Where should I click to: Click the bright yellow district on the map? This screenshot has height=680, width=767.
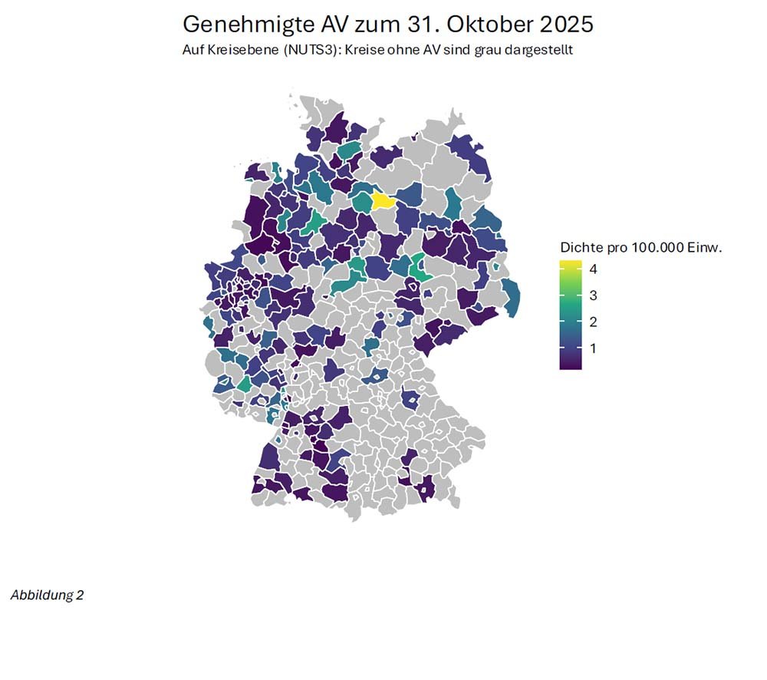[x=383, y=201]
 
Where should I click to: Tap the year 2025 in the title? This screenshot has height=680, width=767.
[x=566, y=24]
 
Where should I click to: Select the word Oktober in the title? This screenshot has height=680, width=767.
[x=489, y=24]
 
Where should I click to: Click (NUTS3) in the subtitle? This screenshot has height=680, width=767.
[x=306, y=51]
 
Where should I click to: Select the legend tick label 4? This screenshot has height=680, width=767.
[x=593, y=269]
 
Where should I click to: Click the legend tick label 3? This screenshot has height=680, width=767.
[x=593, y=295]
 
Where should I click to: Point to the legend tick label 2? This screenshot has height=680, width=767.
[x=593, y=322]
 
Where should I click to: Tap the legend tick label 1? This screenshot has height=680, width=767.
[x=593, y=348]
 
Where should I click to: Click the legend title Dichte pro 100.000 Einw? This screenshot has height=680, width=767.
[x=642, y=247]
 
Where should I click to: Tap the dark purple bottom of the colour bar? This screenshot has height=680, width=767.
[x=570, y=365]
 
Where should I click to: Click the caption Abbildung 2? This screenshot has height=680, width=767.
[x=47, y=596]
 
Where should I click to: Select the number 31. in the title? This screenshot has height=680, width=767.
[x=419, y=24]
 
